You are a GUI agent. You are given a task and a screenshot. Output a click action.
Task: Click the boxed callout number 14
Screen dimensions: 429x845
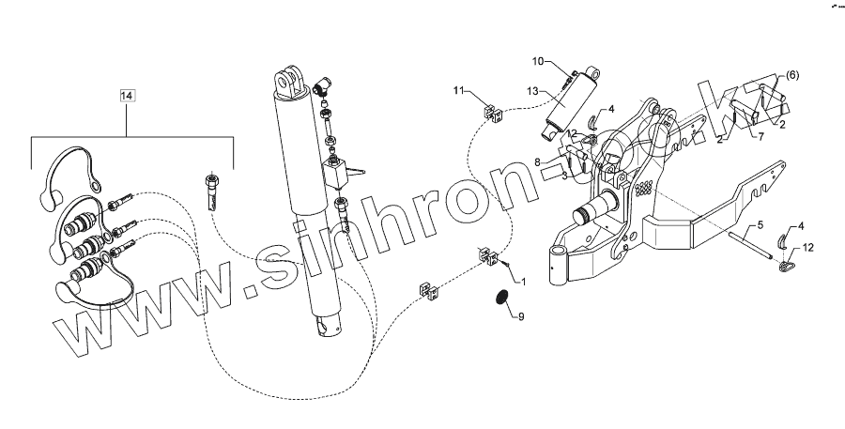click(x=128, y=96)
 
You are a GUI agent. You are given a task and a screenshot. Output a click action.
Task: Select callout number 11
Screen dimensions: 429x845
click(x=459, y=90)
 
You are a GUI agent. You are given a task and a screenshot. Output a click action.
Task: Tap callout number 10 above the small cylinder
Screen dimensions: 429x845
click(x=539, y=62)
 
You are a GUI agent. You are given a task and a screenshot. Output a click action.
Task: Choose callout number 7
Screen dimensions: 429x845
click(x=761, y=137)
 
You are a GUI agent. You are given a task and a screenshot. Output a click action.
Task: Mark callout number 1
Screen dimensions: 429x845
click(x=524, y=282)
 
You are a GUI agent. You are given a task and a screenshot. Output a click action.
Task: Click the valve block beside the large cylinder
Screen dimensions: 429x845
click(x=335, y=173)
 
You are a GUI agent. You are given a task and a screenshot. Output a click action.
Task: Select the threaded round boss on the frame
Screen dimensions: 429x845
click(x=597, y=208)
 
